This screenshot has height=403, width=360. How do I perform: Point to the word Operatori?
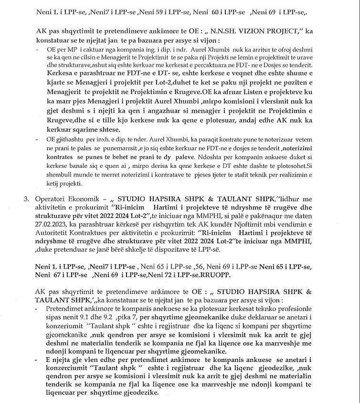53,198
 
